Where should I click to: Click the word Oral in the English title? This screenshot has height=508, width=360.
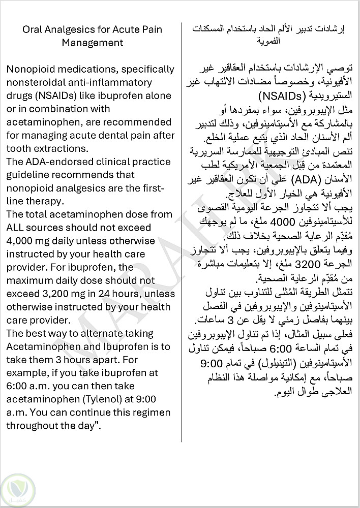pos(33,29)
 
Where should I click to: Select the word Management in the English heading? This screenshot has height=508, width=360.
pos(93,43)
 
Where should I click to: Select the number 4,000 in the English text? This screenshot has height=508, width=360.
pos(19,241)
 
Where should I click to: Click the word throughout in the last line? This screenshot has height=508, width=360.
pos(33,412)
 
